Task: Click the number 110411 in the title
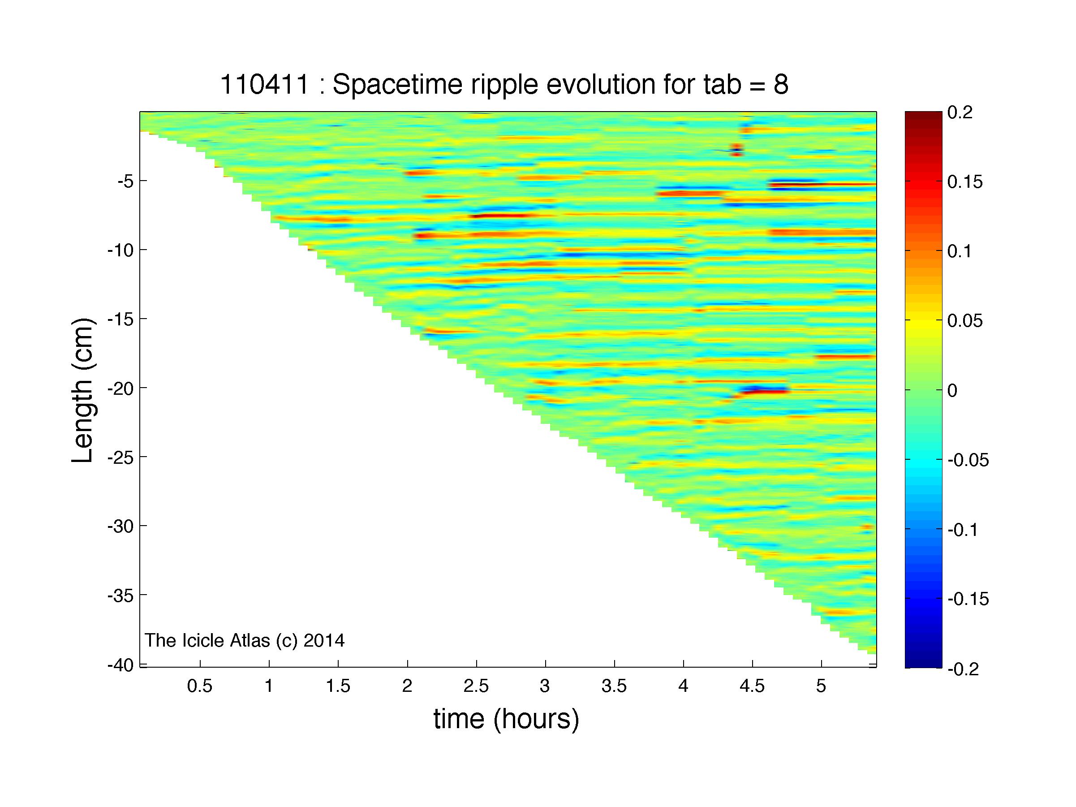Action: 265,85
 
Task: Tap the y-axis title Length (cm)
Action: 82,391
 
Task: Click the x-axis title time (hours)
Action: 506,719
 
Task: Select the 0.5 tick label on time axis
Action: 200,686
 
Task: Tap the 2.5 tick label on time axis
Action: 476,686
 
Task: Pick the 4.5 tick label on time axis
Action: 752,686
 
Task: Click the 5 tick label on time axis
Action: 821,686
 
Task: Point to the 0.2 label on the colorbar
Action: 960,112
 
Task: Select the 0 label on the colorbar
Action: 952,390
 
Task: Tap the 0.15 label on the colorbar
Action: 965,182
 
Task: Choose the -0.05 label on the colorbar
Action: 968,460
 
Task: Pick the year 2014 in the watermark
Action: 324,641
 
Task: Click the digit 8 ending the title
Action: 781,85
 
